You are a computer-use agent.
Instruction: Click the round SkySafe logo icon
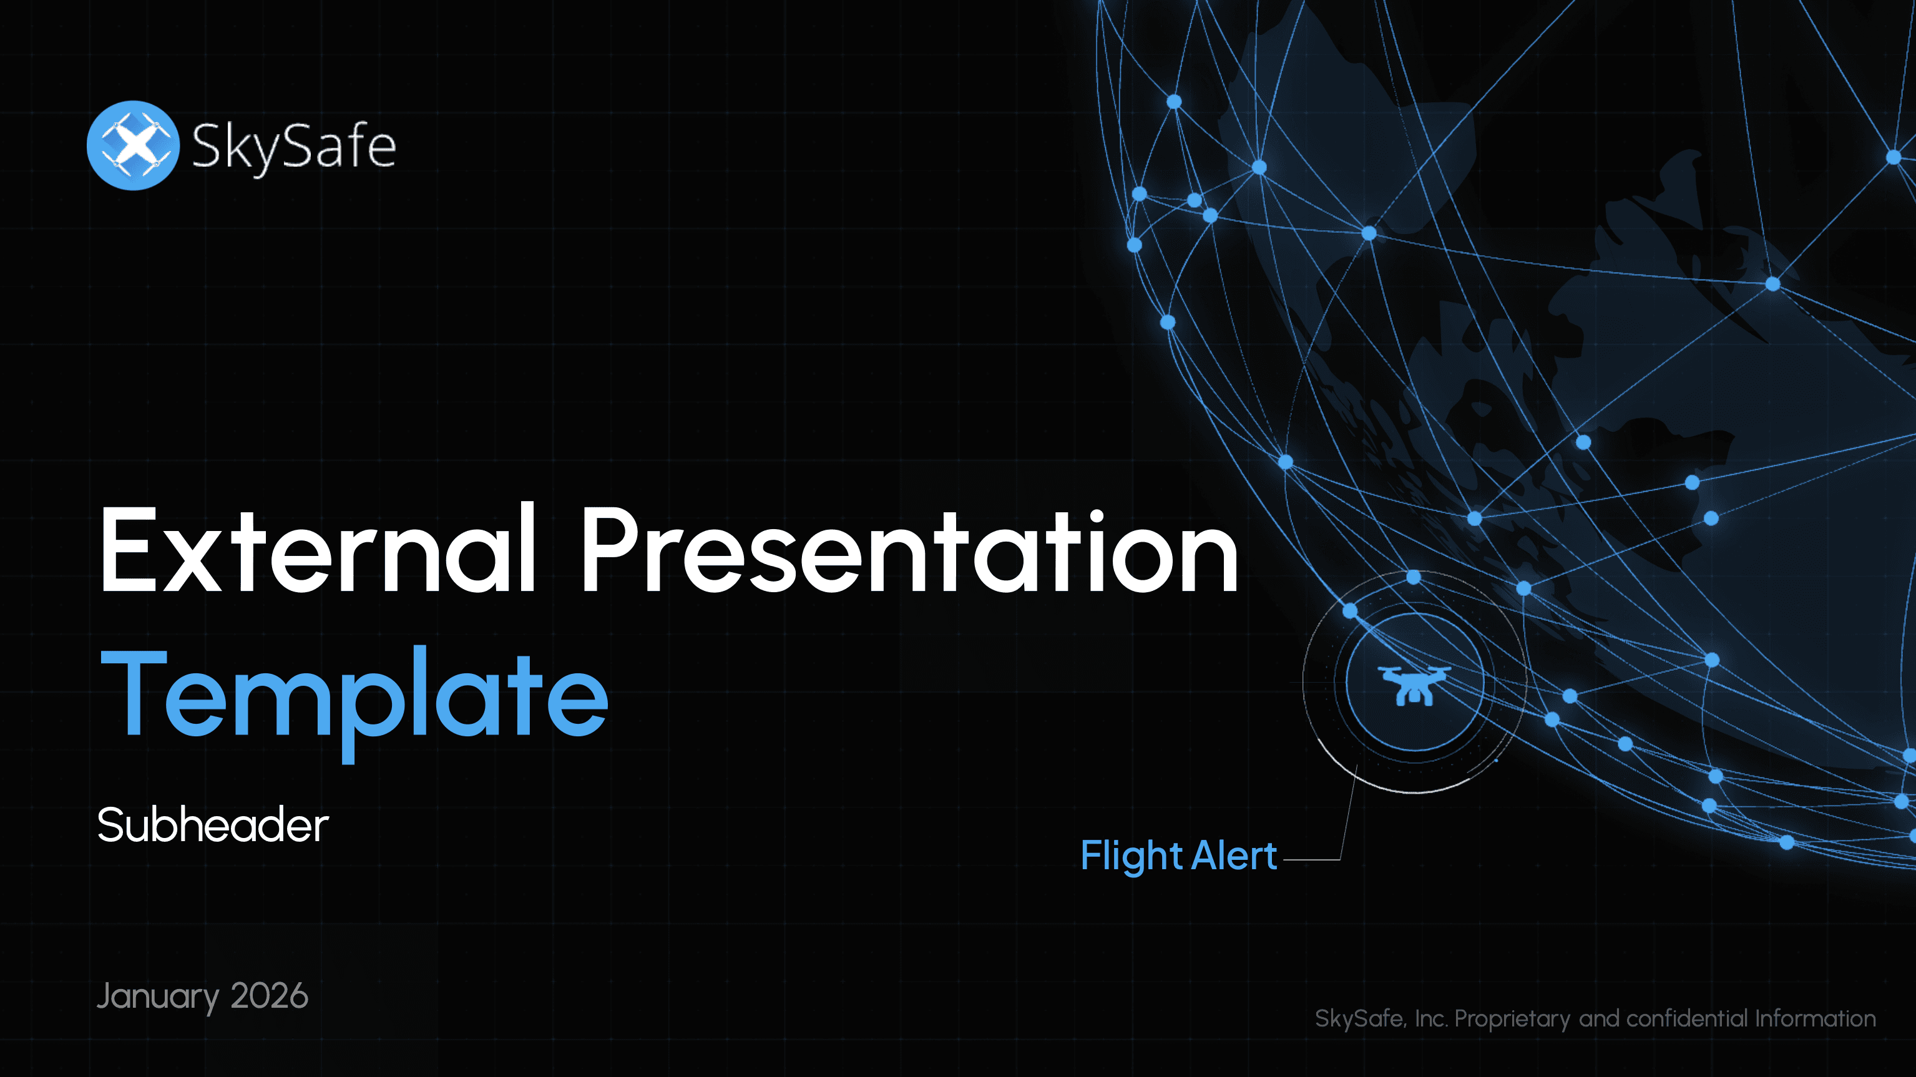[x=133, y=146]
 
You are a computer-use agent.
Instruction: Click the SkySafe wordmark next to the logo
[x=294, y=147]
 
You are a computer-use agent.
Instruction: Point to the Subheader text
[x=213, y=825]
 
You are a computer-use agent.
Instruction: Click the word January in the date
[x=158, y=997]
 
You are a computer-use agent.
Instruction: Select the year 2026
[x=269, y=995]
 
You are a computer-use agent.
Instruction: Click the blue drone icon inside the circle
[x=1414, y=685]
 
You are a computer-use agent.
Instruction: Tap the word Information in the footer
[x=1815, y=1018]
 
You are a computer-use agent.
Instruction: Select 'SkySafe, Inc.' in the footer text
[x=1381, y=1018]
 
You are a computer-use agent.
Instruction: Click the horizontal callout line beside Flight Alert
[x=1312, y=860]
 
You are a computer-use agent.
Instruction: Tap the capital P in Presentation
[x=612, y=549]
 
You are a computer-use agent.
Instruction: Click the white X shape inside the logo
[x=135, y=144]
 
